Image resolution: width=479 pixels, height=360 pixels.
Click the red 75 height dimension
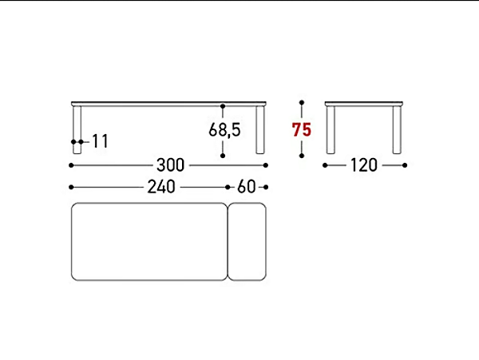coord(302,129)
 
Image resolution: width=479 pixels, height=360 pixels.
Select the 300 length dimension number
coord(171,165)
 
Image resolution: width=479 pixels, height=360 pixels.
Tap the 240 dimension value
coord(161,187)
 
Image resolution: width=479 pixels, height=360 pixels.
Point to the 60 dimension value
coord(247,187)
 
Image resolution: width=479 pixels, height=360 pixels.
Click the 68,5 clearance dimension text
coord(224,129)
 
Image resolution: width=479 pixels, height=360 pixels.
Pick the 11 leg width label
coord(101,141)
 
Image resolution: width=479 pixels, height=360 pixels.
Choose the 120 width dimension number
coord(364,165)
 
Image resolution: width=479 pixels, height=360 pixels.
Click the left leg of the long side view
coord(77,130)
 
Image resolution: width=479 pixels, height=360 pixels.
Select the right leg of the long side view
coord(260,130)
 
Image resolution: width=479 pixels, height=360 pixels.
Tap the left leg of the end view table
coord(331,130)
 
